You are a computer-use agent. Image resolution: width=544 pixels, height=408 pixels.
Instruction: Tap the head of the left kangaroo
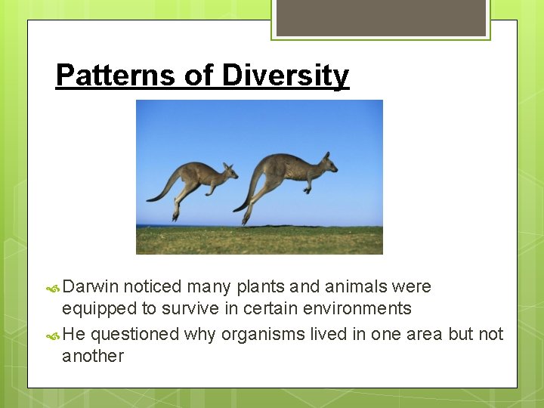(x=227, y=170)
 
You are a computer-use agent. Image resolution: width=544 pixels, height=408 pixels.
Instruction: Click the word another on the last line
(x=92, y=356)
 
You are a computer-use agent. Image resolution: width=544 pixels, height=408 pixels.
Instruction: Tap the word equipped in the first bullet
(x=97, y=308)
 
